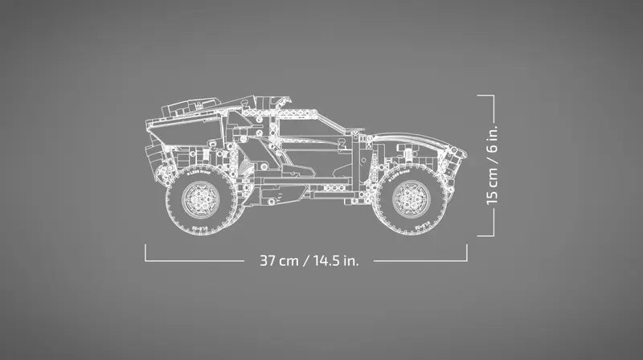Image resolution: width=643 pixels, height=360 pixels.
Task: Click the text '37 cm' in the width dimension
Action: [278, 260]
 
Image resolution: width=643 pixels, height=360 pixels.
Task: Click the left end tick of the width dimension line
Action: [145, 253]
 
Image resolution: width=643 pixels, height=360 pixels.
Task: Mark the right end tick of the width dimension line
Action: [467, 253]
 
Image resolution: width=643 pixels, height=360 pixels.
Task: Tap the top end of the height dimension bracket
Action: [485, 95]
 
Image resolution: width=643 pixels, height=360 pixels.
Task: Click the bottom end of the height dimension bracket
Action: [485, 235]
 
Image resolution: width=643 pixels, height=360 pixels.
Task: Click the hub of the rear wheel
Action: [197, 198]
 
